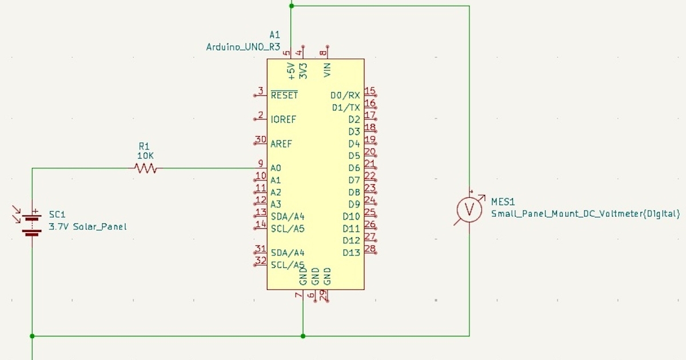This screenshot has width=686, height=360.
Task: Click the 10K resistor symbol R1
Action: (x=145, y=168)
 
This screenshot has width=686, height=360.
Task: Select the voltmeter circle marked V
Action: (x=469, y=210)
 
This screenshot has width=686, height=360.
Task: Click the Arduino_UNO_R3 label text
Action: (x=243, y=47)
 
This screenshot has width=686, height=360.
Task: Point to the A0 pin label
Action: (x=276, y=168)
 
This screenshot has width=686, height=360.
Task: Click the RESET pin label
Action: (x=284, y=95)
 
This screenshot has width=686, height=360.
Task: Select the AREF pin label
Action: (x=281, y=144)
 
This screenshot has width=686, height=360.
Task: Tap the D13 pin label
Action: (x=352, y=253)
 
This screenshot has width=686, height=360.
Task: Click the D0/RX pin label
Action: (x=345, y=95)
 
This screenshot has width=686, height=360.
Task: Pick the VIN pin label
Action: (x=327, y=70)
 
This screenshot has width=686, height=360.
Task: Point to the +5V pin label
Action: (x=291, y=70)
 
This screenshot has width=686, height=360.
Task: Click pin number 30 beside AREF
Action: (x=261, y=139)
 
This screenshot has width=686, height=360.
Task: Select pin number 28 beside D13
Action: (x=370, y=249)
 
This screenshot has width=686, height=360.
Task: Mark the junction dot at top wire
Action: (x=291, y=6)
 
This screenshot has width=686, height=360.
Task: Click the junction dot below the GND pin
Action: (x=303, y=336)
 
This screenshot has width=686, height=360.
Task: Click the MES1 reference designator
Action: (x=504, y=201)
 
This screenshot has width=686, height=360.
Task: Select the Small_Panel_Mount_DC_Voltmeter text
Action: (x=585, y=214)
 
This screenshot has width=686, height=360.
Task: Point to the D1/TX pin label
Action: (x=346, y=107)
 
